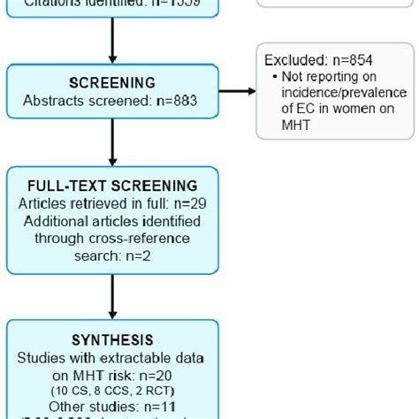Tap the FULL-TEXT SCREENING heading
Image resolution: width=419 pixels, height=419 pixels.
click(112, 187)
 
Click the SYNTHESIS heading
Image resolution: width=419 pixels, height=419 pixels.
click(112, 340)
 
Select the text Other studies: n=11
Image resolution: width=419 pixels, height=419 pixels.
click(111, 406)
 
